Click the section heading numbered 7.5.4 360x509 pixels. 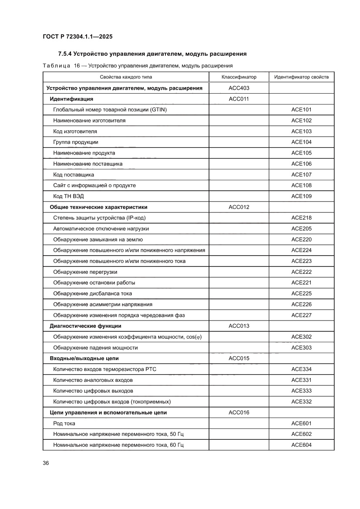[152, 54]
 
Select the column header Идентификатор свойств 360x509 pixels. [301, 77]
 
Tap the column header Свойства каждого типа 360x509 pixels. [126, 77]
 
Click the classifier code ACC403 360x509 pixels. [239, 88]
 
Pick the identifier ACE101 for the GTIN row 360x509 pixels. [301, 110]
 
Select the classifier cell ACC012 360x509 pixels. [239, 207]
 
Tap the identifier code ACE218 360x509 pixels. [301, 218]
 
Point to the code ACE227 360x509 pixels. [301, 315]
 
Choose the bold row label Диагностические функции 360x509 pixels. [85, 326]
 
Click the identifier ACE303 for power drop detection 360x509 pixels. [301, 347]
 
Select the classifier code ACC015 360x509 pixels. [239, 358]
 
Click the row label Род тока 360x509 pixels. [64, 423]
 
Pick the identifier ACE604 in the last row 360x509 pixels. [301, 445]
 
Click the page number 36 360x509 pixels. [46, 463]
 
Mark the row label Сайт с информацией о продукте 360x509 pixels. [94, 185]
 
